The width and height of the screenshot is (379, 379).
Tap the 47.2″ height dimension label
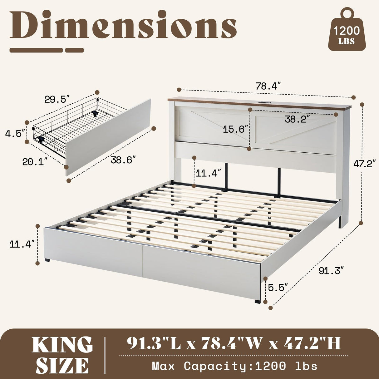364,163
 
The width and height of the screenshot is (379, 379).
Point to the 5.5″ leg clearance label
277,288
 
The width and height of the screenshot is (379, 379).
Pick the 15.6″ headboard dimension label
236,129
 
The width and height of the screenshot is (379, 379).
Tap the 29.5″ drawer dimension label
56,100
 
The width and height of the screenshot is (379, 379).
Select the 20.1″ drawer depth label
35,162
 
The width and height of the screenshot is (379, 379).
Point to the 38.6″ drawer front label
123,160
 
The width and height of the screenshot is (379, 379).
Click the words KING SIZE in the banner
62,354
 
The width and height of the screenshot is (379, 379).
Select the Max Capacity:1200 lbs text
234,366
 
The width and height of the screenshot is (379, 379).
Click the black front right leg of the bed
257,301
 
